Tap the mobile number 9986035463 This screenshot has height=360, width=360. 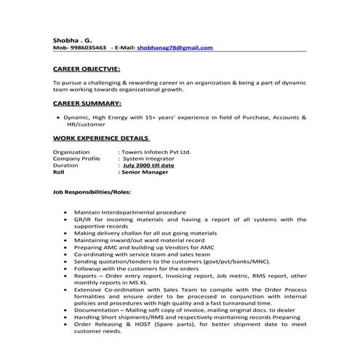pyautogui.click(x=87, y=47)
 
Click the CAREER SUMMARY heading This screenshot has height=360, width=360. pyautogui.click(x=84, y=103)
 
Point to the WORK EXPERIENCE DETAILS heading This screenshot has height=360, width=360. pyautogui.click(x=101, y=137)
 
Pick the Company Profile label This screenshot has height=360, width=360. pyautogui.click(x=76, y=159)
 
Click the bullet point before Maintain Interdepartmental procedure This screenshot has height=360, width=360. pyautogui.click(x=66, y=212)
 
